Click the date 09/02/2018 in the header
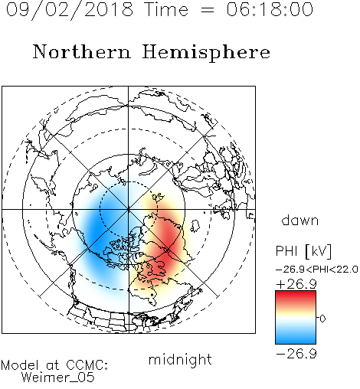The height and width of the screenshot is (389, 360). pos(70,10)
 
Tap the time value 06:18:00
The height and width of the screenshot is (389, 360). pos(270,9)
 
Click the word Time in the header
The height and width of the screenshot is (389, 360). pos(166,9)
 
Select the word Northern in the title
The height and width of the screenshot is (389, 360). pos(82,51)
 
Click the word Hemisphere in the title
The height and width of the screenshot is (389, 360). pos(206,53)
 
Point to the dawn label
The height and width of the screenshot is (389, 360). pos(299,220)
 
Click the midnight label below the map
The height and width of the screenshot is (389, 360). pos(180,359)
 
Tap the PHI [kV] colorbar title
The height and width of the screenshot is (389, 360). pos(303,251)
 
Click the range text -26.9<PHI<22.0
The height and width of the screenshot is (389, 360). pos(316,270)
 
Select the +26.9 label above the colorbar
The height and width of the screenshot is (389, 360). pos(296,284)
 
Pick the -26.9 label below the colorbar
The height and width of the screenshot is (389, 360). pos(296,354)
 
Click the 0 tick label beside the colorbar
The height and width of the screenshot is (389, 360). pos(322,319)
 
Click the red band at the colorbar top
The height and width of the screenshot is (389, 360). pos(296,296)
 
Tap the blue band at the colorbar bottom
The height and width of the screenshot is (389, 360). pos(296,339)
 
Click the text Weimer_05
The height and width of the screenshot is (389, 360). pos(58,378)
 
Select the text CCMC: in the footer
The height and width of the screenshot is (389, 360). pos(87,365)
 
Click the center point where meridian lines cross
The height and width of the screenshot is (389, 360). pos(129,210)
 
